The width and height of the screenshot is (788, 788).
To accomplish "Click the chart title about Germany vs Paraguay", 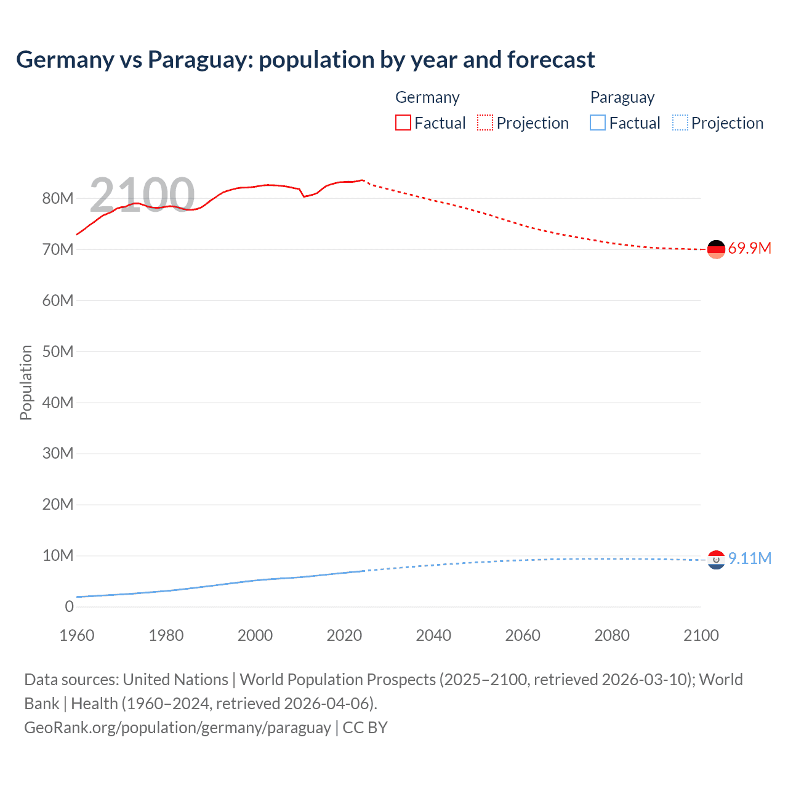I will point(305,60).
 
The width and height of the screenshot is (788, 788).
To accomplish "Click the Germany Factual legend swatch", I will point(403,123).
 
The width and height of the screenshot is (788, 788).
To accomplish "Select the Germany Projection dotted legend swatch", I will point(485,123).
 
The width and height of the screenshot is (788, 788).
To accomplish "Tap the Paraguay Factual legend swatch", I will point(598,123).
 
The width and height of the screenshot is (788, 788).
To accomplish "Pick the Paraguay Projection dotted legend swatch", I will point(680,123).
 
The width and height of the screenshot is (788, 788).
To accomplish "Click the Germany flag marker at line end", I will point(716,249).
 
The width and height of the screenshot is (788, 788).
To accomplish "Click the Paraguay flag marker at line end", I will point(716,560).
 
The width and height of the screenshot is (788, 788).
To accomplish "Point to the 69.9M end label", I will point(749,249).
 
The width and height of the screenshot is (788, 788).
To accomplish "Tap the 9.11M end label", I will point(749,558).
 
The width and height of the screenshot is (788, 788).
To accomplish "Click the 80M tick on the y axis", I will point(58,198).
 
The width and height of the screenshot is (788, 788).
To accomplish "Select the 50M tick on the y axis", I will point(58,352).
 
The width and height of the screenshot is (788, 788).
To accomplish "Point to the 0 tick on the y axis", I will point(69,606).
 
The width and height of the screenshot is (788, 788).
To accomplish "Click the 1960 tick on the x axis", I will point(77,635).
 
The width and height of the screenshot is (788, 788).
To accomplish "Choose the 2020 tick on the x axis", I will point(344,635).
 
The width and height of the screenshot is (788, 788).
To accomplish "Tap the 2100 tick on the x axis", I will point(701,635).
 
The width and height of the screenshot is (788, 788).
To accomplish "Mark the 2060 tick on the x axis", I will point(523,635).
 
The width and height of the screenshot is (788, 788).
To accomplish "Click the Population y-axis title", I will point(26,382).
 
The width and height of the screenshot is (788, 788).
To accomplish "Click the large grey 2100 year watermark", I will point(142,195).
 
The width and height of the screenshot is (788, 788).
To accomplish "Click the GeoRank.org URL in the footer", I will point(177,728).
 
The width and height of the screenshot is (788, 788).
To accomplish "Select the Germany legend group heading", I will point(427,97).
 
